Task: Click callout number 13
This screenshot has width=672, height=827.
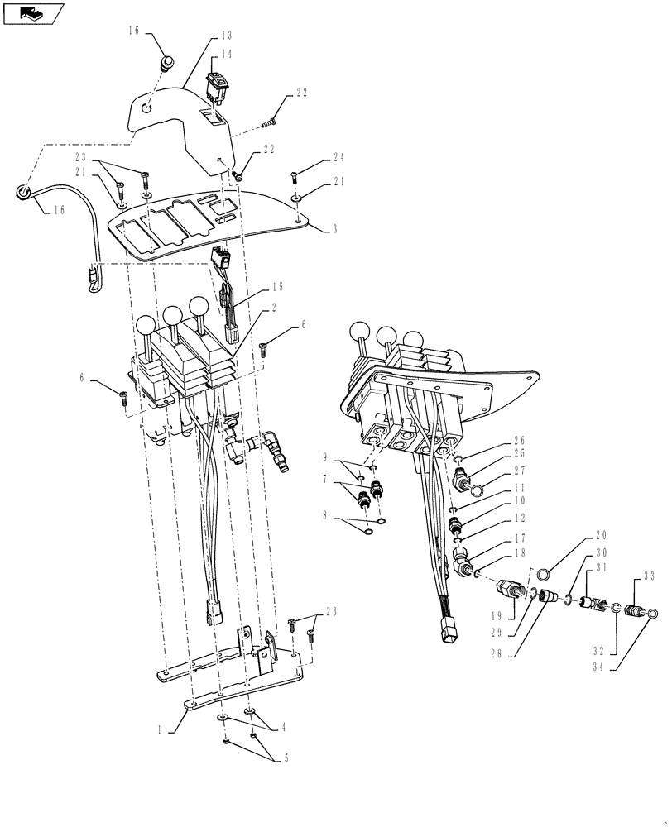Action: click(x=226, y=36)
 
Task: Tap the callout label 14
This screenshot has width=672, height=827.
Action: click(x=226, y=54)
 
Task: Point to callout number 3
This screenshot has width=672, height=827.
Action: click(x=334, y=229)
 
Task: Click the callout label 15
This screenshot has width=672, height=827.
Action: click(x=276, y=288)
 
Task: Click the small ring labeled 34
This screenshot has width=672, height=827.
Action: click(x=653, y=614)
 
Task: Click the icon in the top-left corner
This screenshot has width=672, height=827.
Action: click(x=32, y=12)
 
